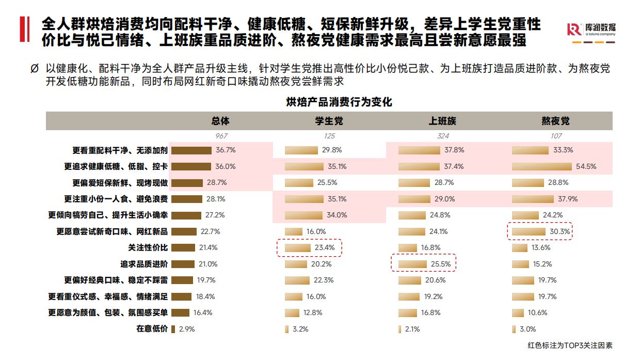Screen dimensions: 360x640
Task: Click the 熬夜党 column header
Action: coord(555,121)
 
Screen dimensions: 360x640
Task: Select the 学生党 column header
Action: coord(329,121)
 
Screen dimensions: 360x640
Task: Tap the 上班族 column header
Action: coord(442,121)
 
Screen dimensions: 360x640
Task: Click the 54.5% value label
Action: coord(586,166)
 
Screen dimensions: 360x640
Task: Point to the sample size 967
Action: coord(221,136)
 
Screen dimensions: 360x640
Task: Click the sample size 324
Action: coord(442,136)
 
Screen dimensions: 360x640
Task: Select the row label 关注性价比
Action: coord(148,247)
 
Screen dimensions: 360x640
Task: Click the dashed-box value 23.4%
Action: coord(324,247)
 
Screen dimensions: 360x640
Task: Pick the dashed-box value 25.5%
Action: coord(440,264)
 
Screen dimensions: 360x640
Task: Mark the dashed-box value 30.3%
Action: coord(559,231)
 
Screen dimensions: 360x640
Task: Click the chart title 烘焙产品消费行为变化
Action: coord(339,102)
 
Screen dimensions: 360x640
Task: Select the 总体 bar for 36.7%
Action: coord(191,150)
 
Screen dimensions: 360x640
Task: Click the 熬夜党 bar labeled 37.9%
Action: coord(534,199)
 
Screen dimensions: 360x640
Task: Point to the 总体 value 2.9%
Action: coord(186,328)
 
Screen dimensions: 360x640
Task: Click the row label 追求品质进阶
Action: coord(144,264)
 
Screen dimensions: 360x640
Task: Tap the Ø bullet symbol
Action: coord(34,69)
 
